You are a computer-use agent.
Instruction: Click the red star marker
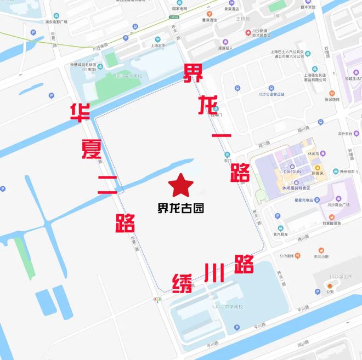tap(181, 185)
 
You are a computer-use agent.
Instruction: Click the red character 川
tap(213, 272)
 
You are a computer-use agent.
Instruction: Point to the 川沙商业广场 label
tap(338, 205)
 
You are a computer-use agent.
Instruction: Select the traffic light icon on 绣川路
tap(157, 299)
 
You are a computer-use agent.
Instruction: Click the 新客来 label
tap(318, 173)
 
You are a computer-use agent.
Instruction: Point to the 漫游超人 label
tap(225, 48)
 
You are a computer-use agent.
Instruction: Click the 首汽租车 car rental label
tap(281, 233)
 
